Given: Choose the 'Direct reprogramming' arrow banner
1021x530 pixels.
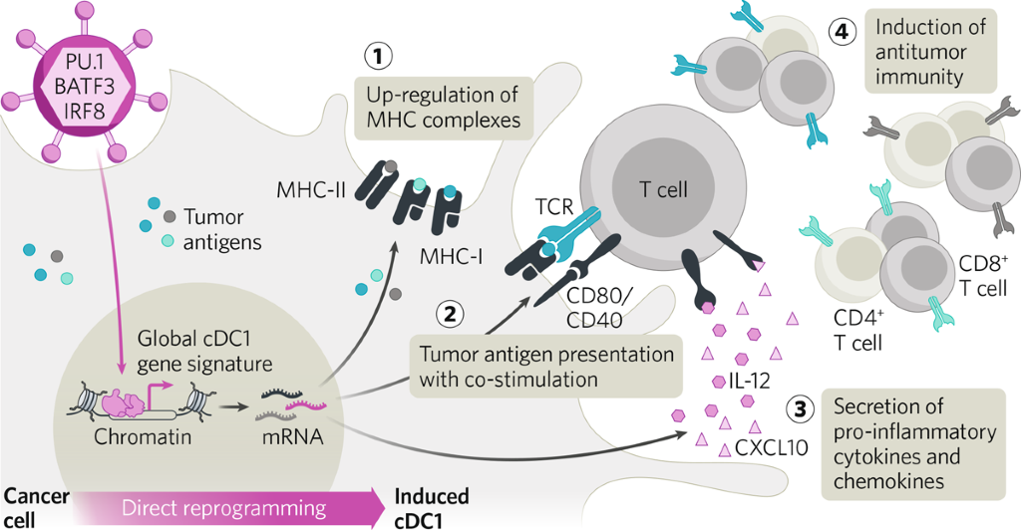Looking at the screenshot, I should point(239,508).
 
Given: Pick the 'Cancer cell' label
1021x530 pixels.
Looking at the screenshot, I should point(34,507).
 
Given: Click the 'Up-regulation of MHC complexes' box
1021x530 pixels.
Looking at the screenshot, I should point(443,110).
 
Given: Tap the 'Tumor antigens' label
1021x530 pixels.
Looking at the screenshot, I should point(217,228).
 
